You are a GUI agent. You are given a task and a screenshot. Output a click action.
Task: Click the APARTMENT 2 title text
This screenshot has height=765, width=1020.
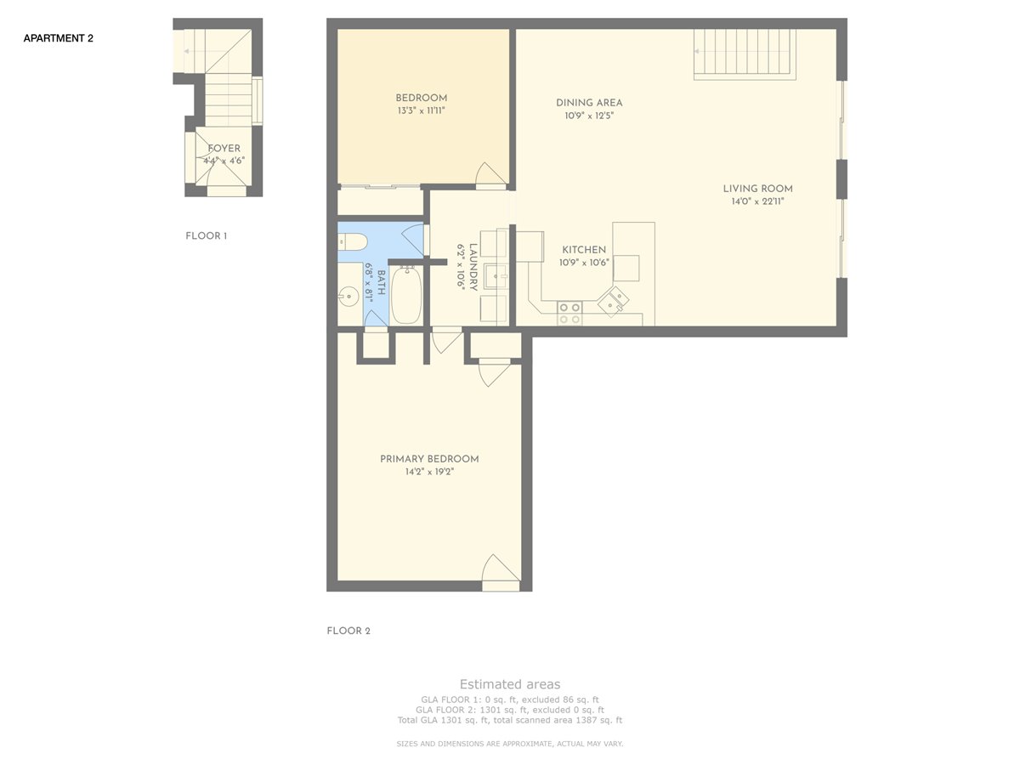pos(58,38)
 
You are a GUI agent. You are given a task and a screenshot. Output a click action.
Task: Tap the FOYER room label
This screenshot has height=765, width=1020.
pos(224,148)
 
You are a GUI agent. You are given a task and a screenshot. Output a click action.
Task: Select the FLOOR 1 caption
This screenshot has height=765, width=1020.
pos(207,235)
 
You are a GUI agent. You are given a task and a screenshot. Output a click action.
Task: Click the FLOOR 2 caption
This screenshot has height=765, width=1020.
pos(348,631)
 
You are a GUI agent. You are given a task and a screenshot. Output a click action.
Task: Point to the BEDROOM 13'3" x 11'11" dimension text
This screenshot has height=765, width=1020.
pos(421,110)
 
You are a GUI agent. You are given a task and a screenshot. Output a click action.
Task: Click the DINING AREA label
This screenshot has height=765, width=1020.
pos(589,103)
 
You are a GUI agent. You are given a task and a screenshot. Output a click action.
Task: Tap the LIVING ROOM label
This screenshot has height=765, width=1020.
pos(758,189)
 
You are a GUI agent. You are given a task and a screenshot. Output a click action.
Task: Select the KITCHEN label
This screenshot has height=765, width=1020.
pos(584,249)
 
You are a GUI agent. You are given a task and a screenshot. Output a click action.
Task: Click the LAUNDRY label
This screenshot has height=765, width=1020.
pos(473,267)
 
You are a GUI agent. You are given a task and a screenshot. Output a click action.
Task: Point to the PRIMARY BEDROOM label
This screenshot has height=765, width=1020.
pos(429,459)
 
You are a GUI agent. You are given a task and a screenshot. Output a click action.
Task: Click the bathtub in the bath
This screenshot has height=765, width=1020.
pos(406,295)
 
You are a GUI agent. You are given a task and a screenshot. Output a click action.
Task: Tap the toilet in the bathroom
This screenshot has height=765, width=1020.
pos(353,242)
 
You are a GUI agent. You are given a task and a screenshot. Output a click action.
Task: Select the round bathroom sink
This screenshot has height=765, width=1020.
pos(348,296)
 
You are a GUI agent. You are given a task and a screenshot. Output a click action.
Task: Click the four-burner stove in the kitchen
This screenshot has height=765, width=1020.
pos(569,313)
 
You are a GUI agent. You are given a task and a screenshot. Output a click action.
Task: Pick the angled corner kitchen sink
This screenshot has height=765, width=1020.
pos(614,302)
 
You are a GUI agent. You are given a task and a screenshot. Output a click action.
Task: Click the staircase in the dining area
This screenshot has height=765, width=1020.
pos(745,54)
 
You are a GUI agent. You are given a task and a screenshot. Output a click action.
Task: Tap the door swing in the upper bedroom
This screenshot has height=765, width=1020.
pos(490,173)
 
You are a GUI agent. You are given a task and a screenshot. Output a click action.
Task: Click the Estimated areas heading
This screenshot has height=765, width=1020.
pos(510,684)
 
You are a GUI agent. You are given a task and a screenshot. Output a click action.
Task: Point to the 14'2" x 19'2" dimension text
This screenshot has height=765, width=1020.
pos(429,472)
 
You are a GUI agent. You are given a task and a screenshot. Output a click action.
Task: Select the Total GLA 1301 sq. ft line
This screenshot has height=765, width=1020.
pos(510,721)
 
